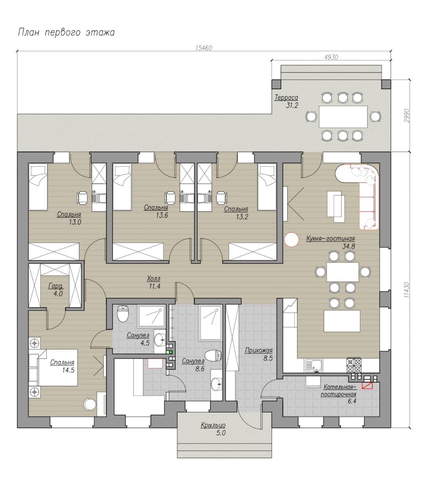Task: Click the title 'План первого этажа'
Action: coord(66,32)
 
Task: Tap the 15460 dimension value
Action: coord(204,48)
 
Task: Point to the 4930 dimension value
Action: coord(331,57)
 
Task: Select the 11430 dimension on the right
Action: coord(407,290)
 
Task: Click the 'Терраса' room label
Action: coord(286,98)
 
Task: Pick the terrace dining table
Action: coord(343,117)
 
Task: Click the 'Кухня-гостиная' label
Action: coord(330,239)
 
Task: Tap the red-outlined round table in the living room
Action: coord(292,239)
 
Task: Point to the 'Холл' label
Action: coord(154,278)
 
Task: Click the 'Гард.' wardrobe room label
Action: coord(56,286)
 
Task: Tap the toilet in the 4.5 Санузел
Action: coord(123,313)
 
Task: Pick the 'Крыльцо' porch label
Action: coord(213,425)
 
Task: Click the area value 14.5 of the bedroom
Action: coord(68,370)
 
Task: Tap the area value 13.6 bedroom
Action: coord(162,215)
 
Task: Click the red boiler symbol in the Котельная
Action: coord(367,386)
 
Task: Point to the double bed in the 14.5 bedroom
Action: coord(58,367)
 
